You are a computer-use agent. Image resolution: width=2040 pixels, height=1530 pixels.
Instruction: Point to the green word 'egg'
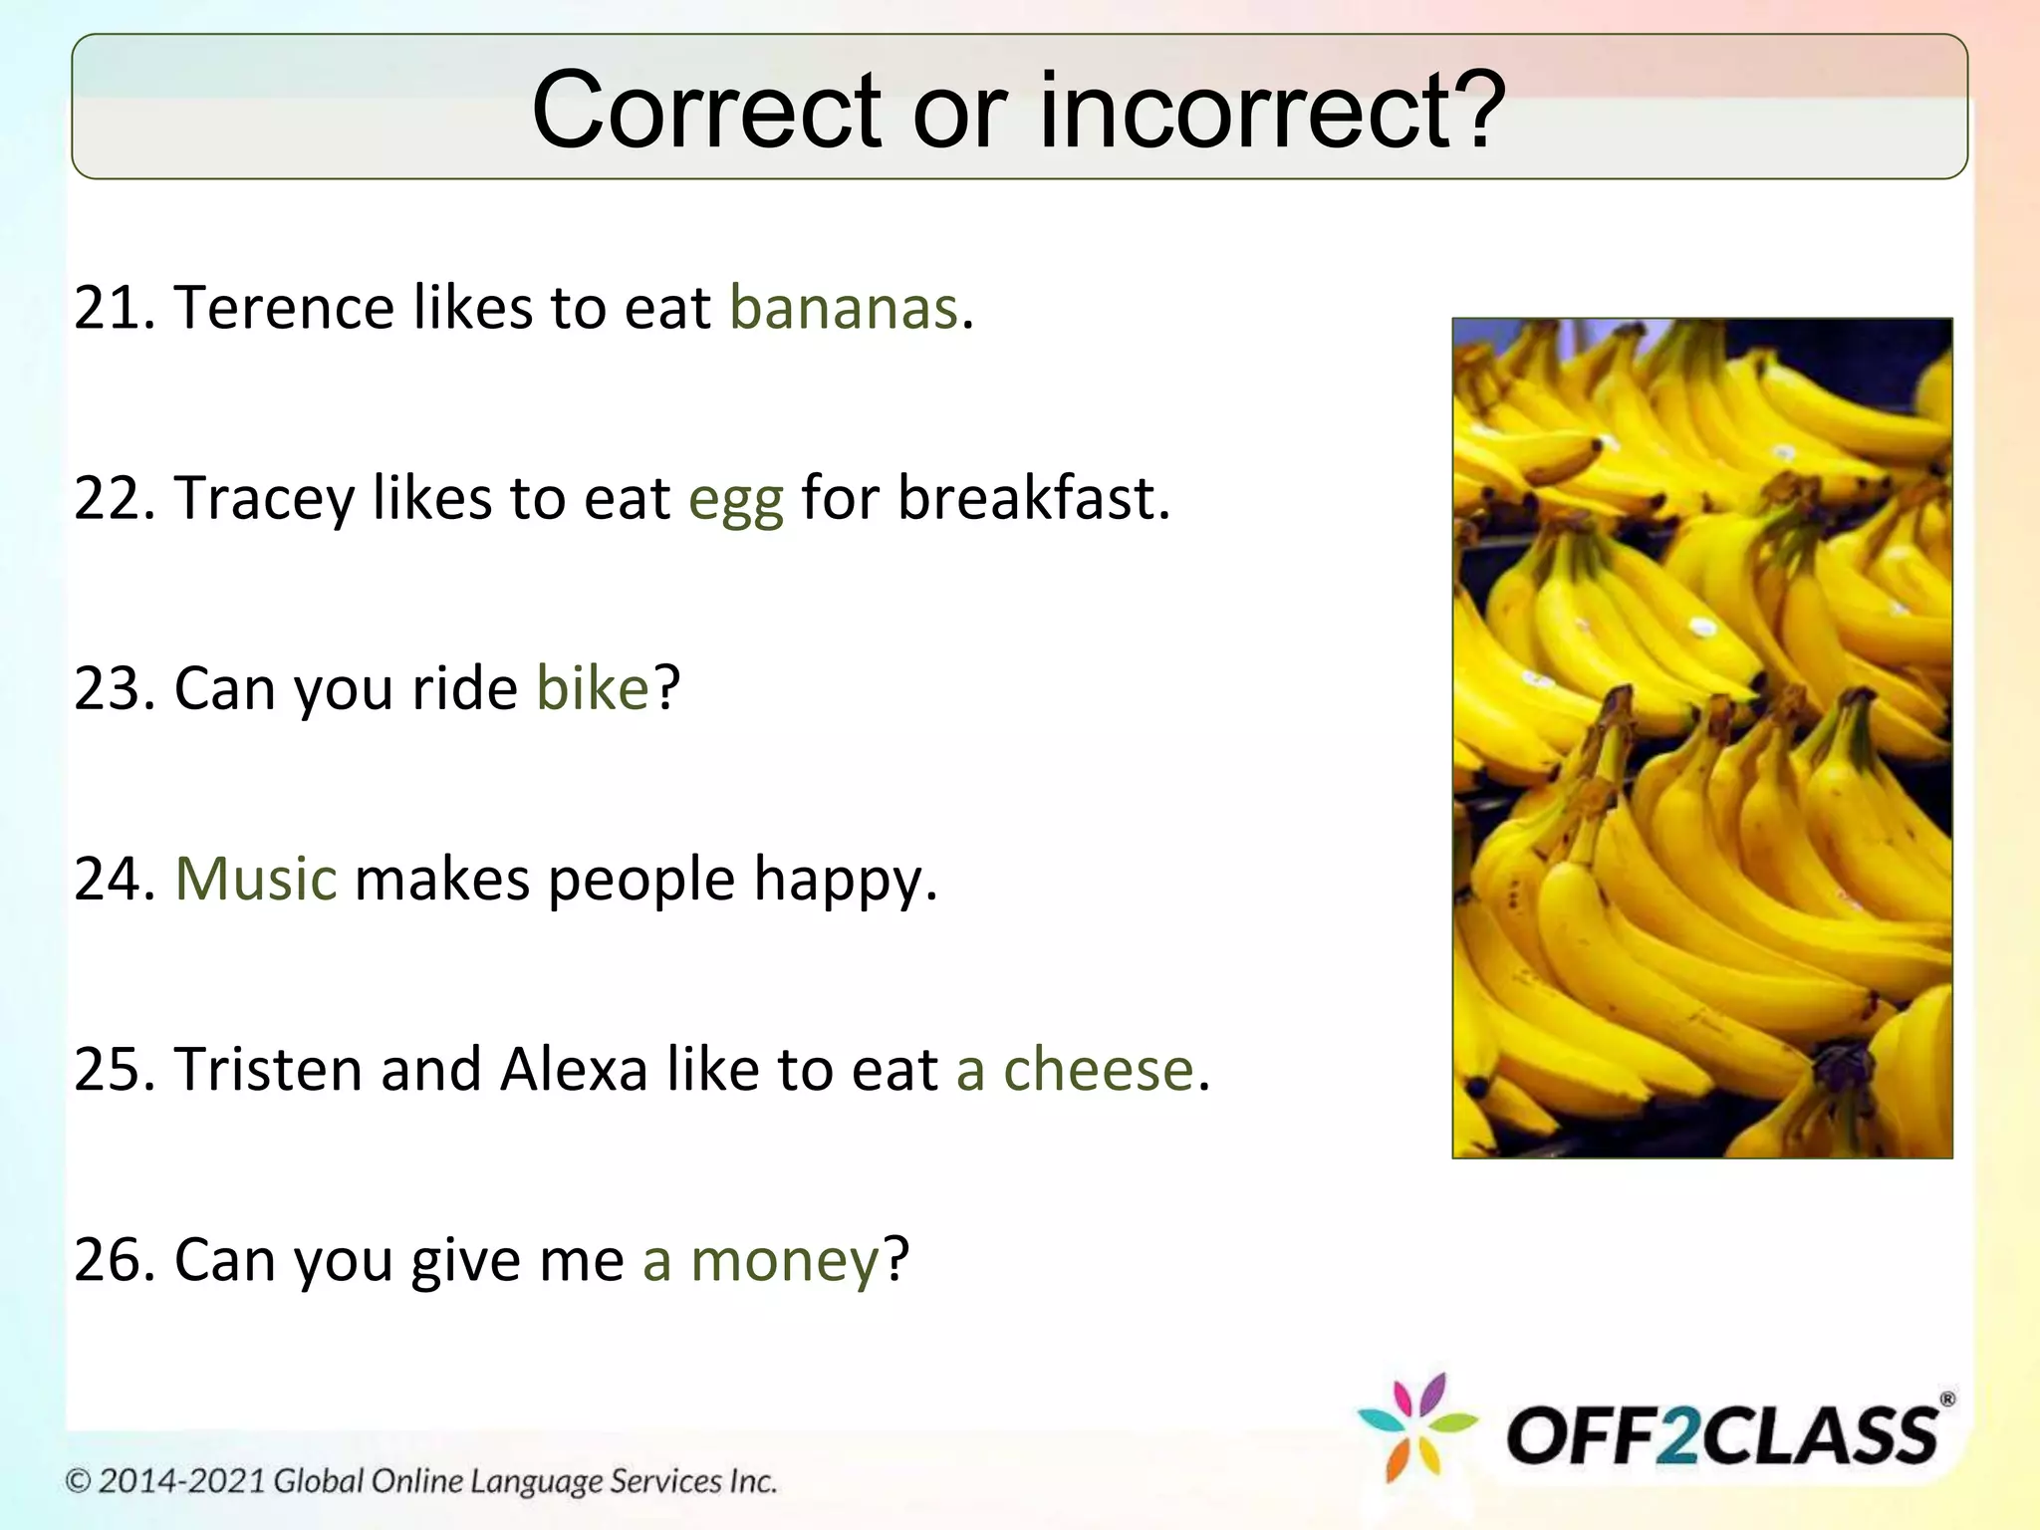(x=736, y=500)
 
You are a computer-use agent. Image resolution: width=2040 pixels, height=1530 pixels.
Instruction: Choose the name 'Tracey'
(x=264, y=499)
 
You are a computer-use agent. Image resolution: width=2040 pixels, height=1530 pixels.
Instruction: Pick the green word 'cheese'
(x=1098, y=1070)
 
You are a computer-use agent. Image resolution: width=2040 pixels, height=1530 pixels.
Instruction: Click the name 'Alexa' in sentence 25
(x=574, y=1070)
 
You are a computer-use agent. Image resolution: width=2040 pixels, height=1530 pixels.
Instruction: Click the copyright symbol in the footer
(x=79, y=1481)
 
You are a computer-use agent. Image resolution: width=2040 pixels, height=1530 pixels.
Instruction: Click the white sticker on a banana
(x=1702, y=627)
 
